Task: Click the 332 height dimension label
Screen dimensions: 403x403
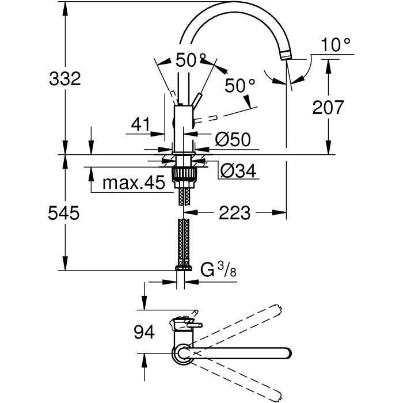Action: (x=64, y=79)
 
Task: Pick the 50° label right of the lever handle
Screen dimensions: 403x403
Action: (x=239, y=86)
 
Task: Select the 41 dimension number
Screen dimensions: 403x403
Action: (x=140, y=124)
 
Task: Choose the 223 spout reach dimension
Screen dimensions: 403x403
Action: (x=235, y=213)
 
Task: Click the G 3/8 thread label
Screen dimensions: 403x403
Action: (x=218, y=270)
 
